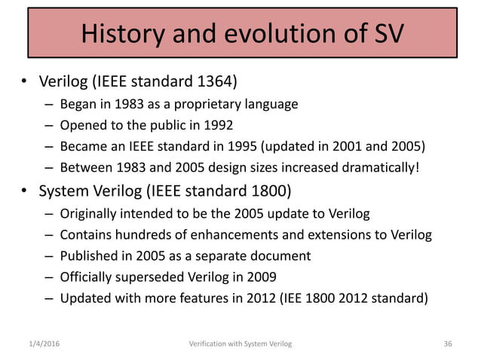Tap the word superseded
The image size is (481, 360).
click(149, 276)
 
